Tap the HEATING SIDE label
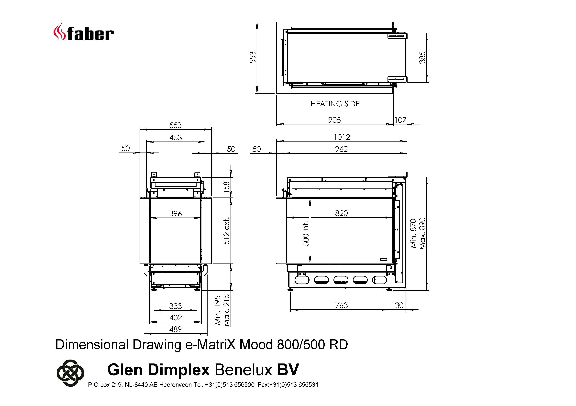[335, 104]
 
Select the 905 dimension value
[334, 120]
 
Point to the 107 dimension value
[400, 120]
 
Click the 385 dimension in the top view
[422, 57]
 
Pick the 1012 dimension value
[342, 137]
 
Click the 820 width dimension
[341, 213]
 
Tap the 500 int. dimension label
[306, 234]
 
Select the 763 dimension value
[341, 305]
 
